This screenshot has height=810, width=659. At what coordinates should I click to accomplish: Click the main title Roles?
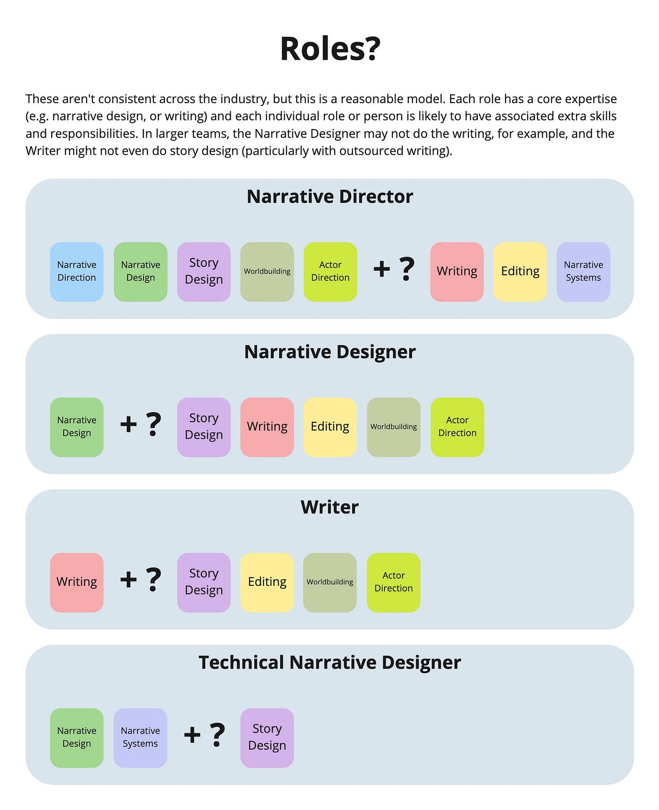point(329,49)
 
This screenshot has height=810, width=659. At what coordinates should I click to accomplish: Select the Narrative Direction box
point(77,272)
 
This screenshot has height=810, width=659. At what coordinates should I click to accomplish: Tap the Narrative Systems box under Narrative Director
point(583,272)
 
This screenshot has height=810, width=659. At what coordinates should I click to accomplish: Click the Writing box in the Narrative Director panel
point(457,272)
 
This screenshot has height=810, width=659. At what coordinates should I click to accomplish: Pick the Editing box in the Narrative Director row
point(520,272)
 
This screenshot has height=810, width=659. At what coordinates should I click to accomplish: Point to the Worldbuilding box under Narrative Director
point(267,272)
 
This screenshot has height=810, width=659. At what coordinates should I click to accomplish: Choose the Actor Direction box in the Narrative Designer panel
point(457,427)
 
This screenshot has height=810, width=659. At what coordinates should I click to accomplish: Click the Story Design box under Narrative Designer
point(204,427)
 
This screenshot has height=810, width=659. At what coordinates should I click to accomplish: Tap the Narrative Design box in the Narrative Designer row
point(77,427)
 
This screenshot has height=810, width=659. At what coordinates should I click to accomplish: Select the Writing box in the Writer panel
point(77,583)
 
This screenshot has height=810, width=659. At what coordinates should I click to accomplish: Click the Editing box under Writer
point(267,583)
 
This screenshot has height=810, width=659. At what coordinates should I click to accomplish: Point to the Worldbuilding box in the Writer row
point(330,583)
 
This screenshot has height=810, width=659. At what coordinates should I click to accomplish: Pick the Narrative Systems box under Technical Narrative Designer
point(140,738)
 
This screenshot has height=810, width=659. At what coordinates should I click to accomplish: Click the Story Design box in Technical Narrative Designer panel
point(267,738)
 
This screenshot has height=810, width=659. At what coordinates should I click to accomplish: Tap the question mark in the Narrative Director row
point(406,269)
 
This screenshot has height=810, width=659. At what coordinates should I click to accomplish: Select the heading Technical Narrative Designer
point(329,663)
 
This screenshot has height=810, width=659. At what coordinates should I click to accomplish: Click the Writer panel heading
point(329,507)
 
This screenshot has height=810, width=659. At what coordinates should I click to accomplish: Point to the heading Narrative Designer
point(329,352)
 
